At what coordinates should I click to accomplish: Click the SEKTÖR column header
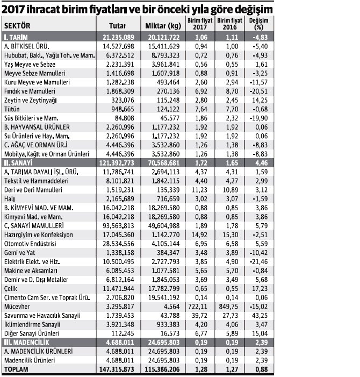pyautogui.click(x=17, y=26)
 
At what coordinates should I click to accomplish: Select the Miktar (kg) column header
pyautogui.click(x=163, y=26)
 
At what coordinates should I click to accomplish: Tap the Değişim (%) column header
pyautogui.click(x=258, y=24)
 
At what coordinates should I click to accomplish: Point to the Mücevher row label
pyautogui.click(x=17, y=307)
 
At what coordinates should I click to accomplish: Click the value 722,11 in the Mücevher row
pyautogui.click(x=199, y=307)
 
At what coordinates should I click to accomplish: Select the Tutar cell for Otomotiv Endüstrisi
pyautogui.click(x=118, y=244)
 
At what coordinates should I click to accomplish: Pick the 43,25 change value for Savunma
pyautogui.click(x=260, y=316)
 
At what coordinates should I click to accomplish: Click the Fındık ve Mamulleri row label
pyautogui.click(x=30, y=91)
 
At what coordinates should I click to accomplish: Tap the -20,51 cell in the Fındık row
pyautogui.click(x=258, y=91)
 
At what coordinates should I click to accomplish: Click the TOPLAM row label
pyautogui.click(x=16, y=369)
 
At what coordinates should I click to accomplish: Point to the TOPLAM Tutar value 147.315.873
pyautogui.click(x=117, y=369)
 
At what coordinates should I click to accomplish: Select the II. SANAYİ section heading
pyautogui.click(x=18, y=163)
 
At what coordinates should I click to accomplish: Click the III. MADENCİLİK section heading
pyautogui.click(x=26, y=343)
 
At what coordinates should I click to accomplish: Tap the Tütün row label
pyautogui.click(x=12, y=109)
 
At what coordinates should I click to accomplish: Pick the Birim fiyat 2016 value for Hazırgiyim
pyautogui.click(x=231, y=234)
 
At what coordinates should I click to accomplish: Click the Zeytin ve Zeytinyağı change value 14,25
pyautogui.click(x=260, y=100)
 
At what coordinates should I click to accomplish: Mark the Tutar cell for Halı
pyautogui.click(x=120, y=199)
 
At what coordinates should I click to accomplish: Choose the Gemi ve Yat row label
pyautogui.click(x=19, y=253)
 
